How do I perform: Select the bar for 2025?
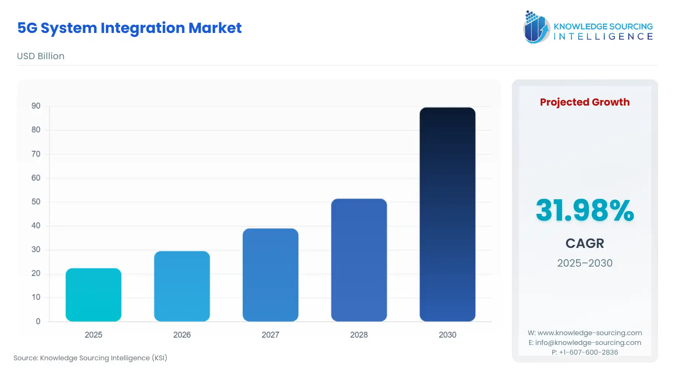(93, 295)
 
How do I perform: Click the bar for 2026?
(182, 286)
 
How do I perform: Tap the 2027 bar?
(270, 275)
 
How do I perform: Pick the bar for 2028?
(359, 260)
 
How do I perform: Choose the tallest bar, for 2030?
(447, 214)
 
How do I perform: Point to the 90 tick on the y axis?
(36, 106)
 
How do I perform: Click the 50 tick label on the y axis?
(36, 202)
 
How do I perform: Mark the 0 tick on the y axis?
(38, 321)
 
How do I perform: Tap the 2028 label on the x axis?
(359, 335)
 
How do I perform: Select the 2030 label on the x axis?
(447, 335)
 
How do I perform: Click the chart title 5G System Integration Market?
(129, 28)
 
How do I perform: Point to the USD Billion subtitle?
(40, 56)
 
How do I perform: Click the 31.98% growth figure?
(585, 210)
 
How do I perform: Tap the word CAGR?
(585, 243)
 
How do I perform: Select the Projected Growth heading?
(585, 102)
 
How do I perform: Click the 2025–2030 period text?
(585, 263)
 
